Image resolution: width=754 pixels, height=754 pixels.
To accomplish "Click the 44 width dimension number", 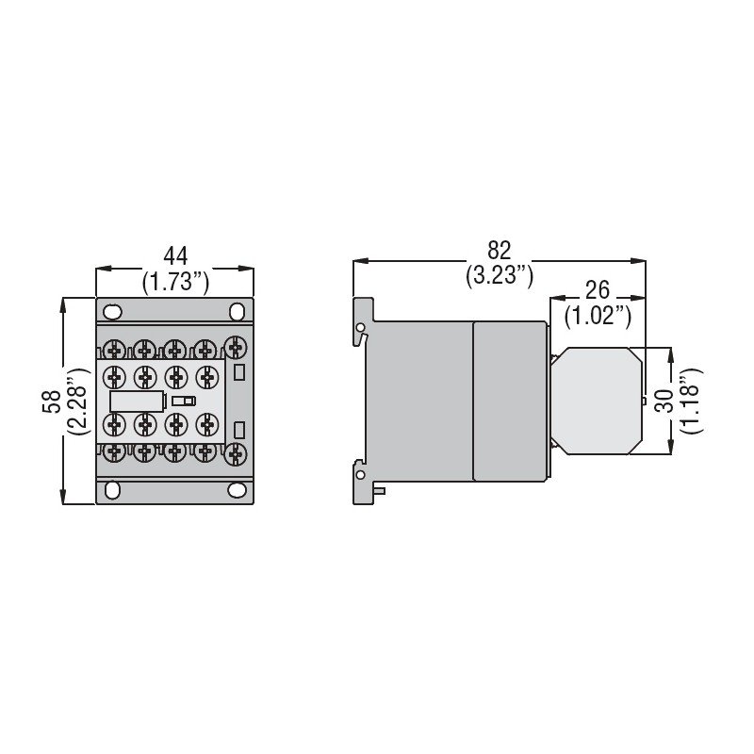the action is point(175,256).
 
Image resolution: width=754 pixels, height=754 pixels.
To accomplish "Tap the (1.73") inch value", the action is point(175,282).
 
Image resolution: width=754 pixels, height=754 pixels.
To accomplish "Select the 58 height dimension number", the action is point(52,402).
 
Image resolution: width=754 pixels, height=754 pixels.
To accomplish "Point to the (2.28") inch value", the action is point(78,402).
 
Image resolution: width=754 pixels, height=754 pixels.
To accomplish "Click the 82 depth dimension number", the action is point(500,251).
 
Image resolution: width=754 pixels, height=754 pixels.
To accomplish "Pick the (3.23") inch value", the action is point(500,276).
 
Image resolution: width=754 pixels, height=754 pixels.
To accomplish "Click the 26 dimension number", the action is point(598,290).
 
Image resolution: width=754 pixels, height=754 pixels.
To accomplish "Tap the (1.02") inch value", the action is point(598,317).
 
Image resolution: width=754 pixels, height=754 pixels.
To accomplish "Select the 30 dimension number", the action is point(664,402).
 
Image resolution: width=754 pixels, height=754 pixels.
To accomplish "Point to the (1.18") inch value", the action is point(692,402).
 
